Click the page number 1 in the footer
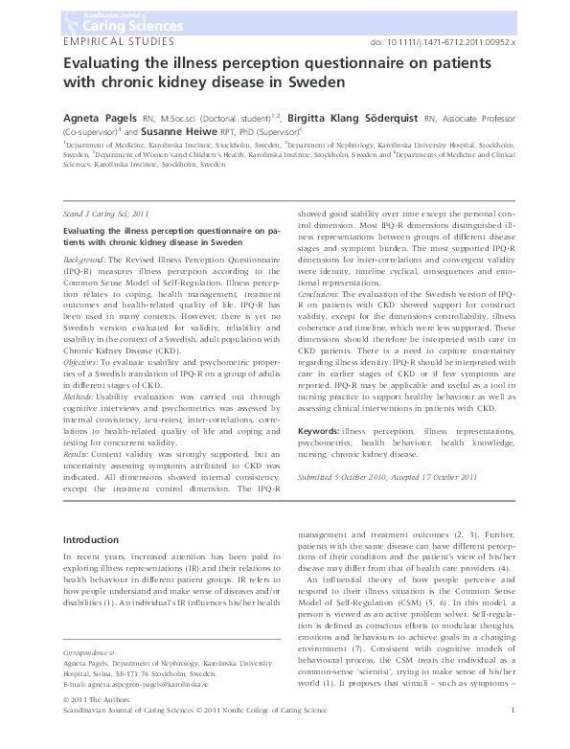point(513,736)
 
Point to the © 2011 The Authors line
point(80,726)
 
